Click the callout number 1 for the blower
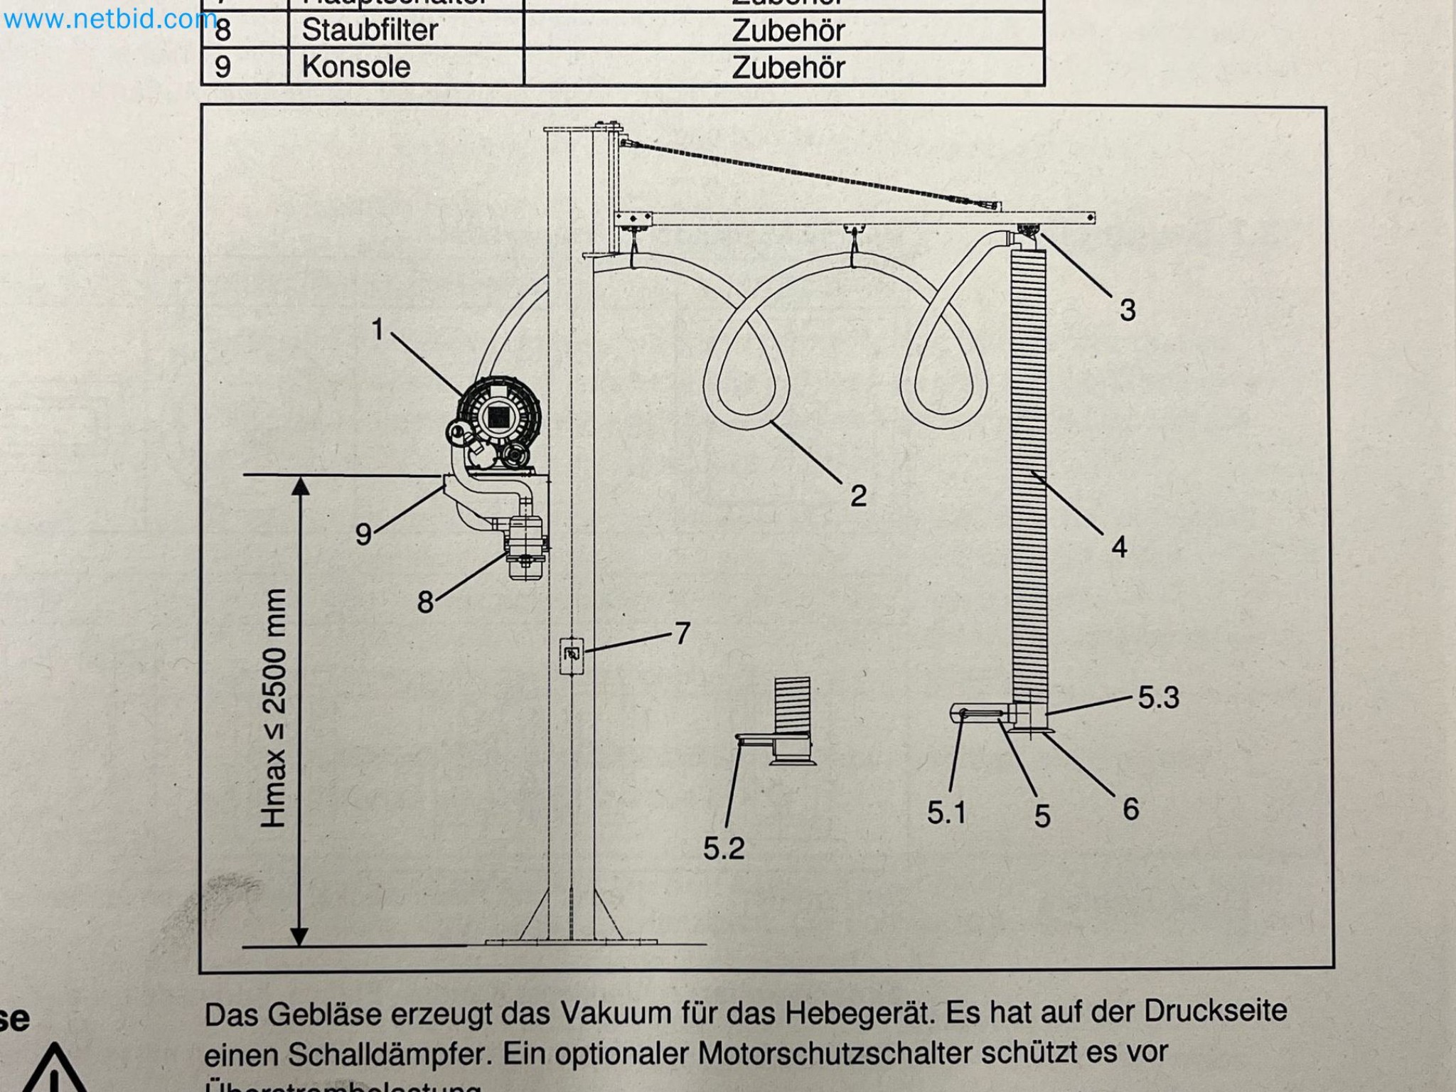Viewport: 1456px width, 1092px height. (x=378, y=329)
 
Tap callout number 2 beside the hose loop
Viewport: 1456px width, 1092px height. (x=858, y=496)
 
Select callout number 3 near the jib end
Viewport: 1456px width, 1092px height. (x=1128, y=310)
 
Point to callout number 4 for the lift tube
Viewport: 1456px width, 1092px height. (x=1119, y=547)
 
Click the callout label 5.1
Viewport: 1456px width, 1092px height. (x=946, y=813)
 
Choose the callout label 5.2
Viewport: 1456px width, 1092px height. (x=724, y=848)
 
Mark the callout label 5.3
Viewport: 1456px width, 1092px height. (x=1158, y=697)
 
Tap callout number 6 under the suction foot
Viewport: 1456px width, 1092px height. (x=1130, y=809)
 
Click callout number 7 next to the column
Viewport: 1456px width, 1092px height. (x=682, y=633)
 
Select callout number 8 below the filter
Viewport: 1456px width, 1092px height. (x=425, y=602)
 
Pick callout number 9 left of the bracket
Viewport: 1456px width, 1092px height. (x=363, y=534)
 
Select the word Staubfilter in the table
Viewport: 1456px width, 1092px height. (x=370, y=31)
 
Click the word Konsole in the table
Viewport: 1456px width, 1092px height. (x=356, y=68)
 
